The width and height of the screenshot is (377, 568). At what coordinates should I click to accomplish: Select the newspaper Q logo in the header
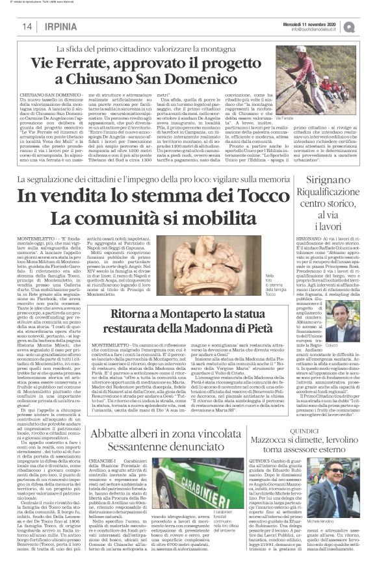pyautogui.click(x=368, y=25)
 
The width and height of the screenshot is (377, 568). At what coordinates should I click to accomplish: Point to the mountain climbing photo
pyautogui.click(x=333, y=72)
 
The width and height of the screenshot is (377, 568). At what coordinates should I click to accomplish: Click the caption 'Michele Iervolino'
pyautogui.click(x=344, y=504)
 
